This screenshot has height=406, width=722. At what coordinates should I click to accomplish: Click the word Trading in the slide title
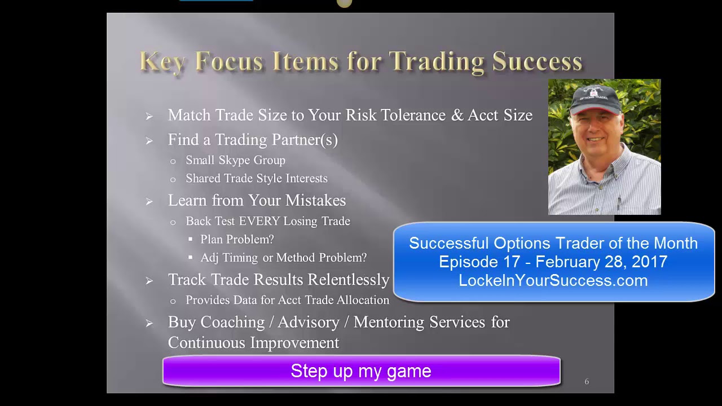pos(437,61)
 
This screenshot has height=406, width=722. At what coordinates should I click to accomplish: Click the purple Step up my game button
pos(361,370)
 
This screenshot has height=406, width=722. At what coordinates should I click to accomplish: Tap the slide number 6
pos(587,382)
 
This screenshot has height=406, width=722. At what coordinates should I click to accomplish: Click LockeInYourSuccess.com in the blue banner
pos(553,280)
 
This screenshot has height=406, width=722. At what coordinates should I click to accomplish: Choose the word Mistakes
pos(315,201)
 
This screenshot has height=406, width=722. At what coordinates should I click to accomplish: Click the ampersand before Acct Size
pos(456,116)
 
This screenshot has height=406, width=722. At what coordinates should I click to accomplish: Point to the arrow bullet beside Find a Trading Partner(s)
pos(149,140)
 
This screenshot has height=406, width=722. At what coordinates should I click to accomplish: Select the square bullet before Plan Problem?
pos(191,240)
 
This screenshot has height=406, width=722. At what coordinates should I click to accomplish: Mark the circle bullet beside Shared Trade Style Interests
pos(173,179)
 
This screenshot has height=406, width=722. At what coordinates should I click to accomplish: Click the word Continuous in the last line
pos(206,343)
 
